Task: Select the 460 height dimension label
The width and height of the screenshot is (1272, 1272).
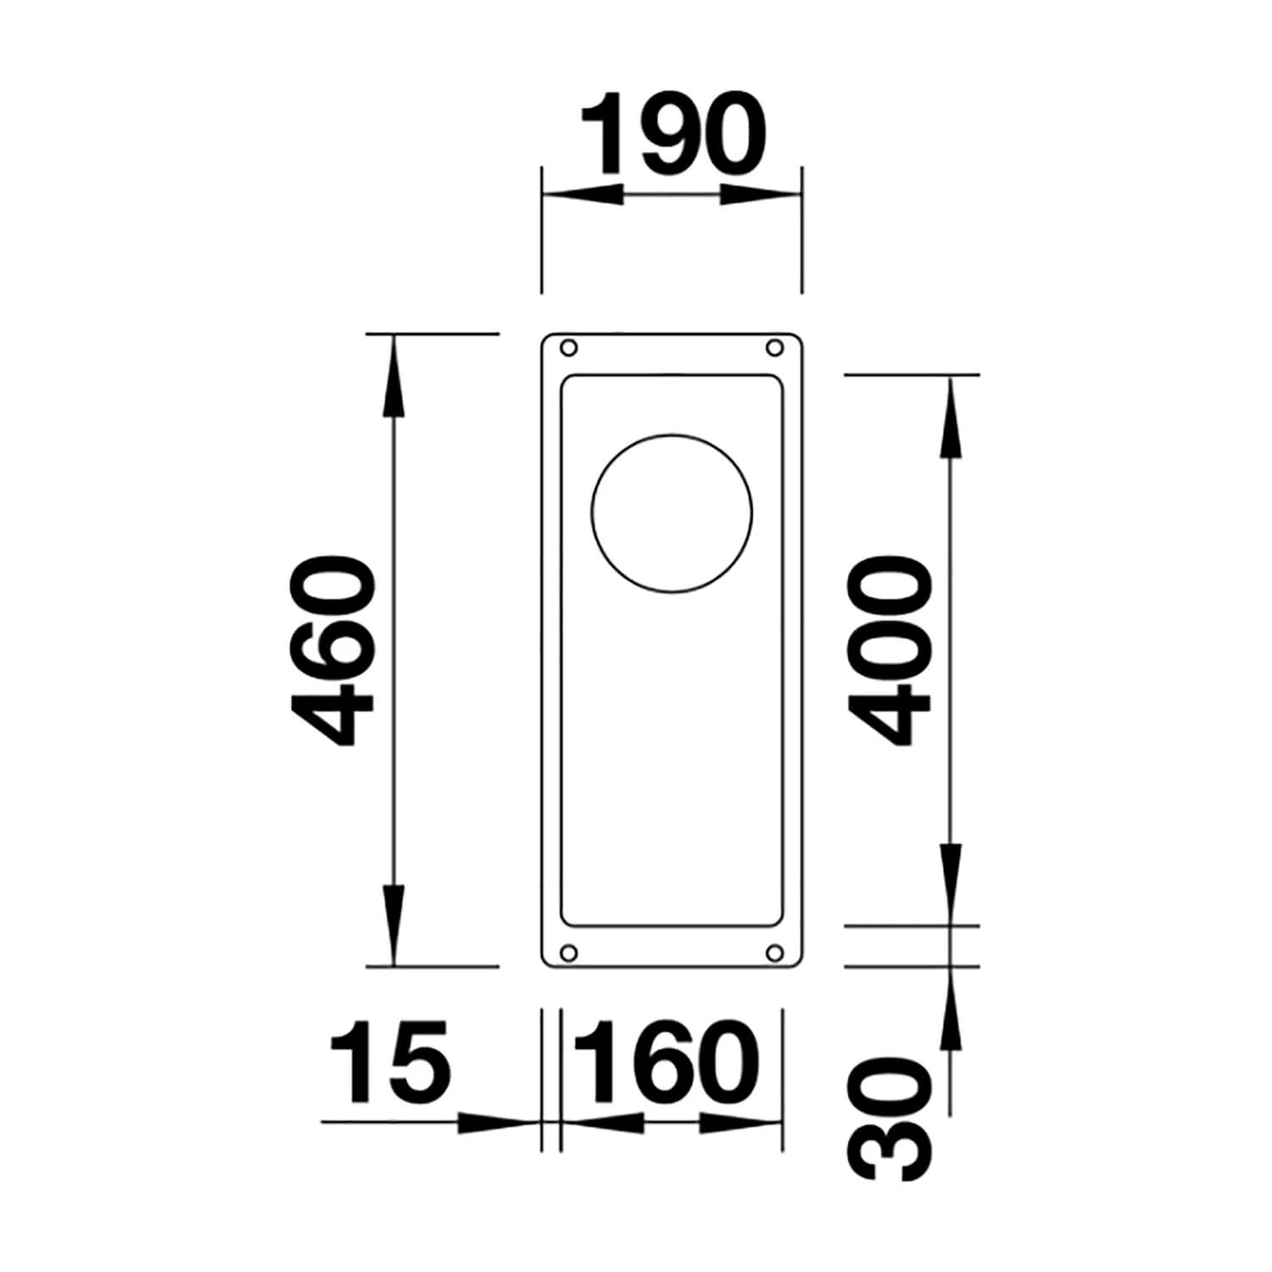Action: coord(331,650)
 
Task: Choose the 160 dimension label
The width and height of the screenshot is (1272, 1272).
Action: coord(667,1062)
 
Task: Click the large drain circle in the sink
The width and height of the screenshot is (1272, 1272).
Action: coord(672,514)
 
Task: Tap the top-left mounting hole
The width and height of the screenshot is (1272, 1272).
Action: coord(569,348)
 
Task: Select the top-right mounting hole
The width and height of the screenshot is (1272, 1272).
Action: coord(773,348)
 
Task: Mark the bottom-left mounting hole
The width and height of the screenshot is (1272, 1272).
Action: coord(569,952)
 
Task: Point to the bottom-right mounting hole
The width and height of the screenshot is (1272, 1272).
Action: coord(773,952)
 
